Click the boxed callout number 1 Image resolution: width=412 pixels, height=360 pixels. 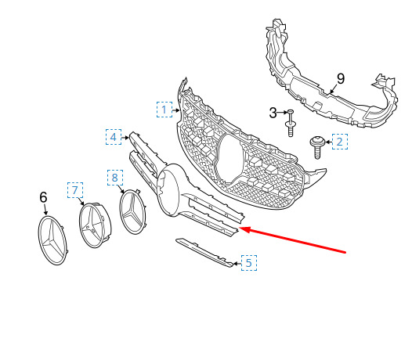tap(164, 110)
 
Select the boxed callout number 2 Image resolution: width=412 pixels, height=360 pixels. tap(340, 142)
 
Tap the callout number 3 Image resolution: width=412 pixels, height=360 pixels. tap(273, 113)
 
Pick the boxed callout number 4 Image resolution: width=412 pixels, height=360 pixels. tap(114, 137)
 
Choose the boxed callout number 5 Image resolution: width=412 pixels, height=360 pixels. tap(249, 263)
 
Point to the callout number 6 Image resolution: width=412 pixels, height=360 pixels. tap(43, 197)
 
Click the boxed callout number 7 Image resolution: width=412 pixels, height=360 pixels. tap(75, 190)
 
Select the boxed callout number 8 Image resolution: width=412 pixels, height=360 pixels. tap(115, 178)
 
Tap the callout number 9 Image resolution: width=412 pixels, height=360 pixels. tap(341, 79)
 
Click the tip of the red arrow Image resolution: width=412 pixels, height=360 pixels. tap(240, 229)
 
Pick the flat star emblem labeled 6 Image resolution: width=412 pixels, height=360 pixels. tap(52, 240)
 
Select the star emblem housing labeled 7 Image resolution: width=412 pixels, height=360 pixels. tap(95, 225)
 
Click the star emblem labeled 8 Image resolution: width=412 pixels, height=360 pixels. tap(132, 211)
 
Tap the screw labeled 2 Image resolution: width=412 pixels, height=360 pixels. tap(318, 147)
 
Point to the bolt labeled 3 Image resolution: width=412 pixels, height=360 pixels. tap(290, 124)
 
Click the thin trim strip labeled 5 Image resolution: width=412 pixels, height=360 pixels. tap(204, 252)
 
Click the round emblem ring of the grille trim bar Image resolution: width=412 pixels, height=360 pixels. tap(169, 190)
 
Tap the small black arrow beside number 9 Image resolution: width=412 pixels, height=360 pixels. tap(333, 89)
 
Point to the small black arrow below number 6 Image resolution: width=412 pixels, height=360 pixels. tap(45, 210)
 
